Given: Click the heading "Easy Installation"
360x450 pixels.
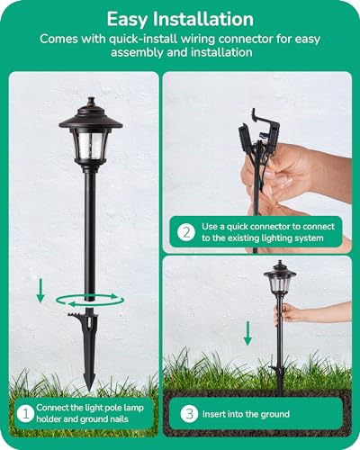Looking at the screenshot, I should [179, 18].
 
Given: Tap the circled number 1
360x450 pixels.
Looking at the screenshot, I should [26, 414].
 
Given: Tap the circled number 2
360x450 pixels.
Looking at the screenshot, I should [185, 231].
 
